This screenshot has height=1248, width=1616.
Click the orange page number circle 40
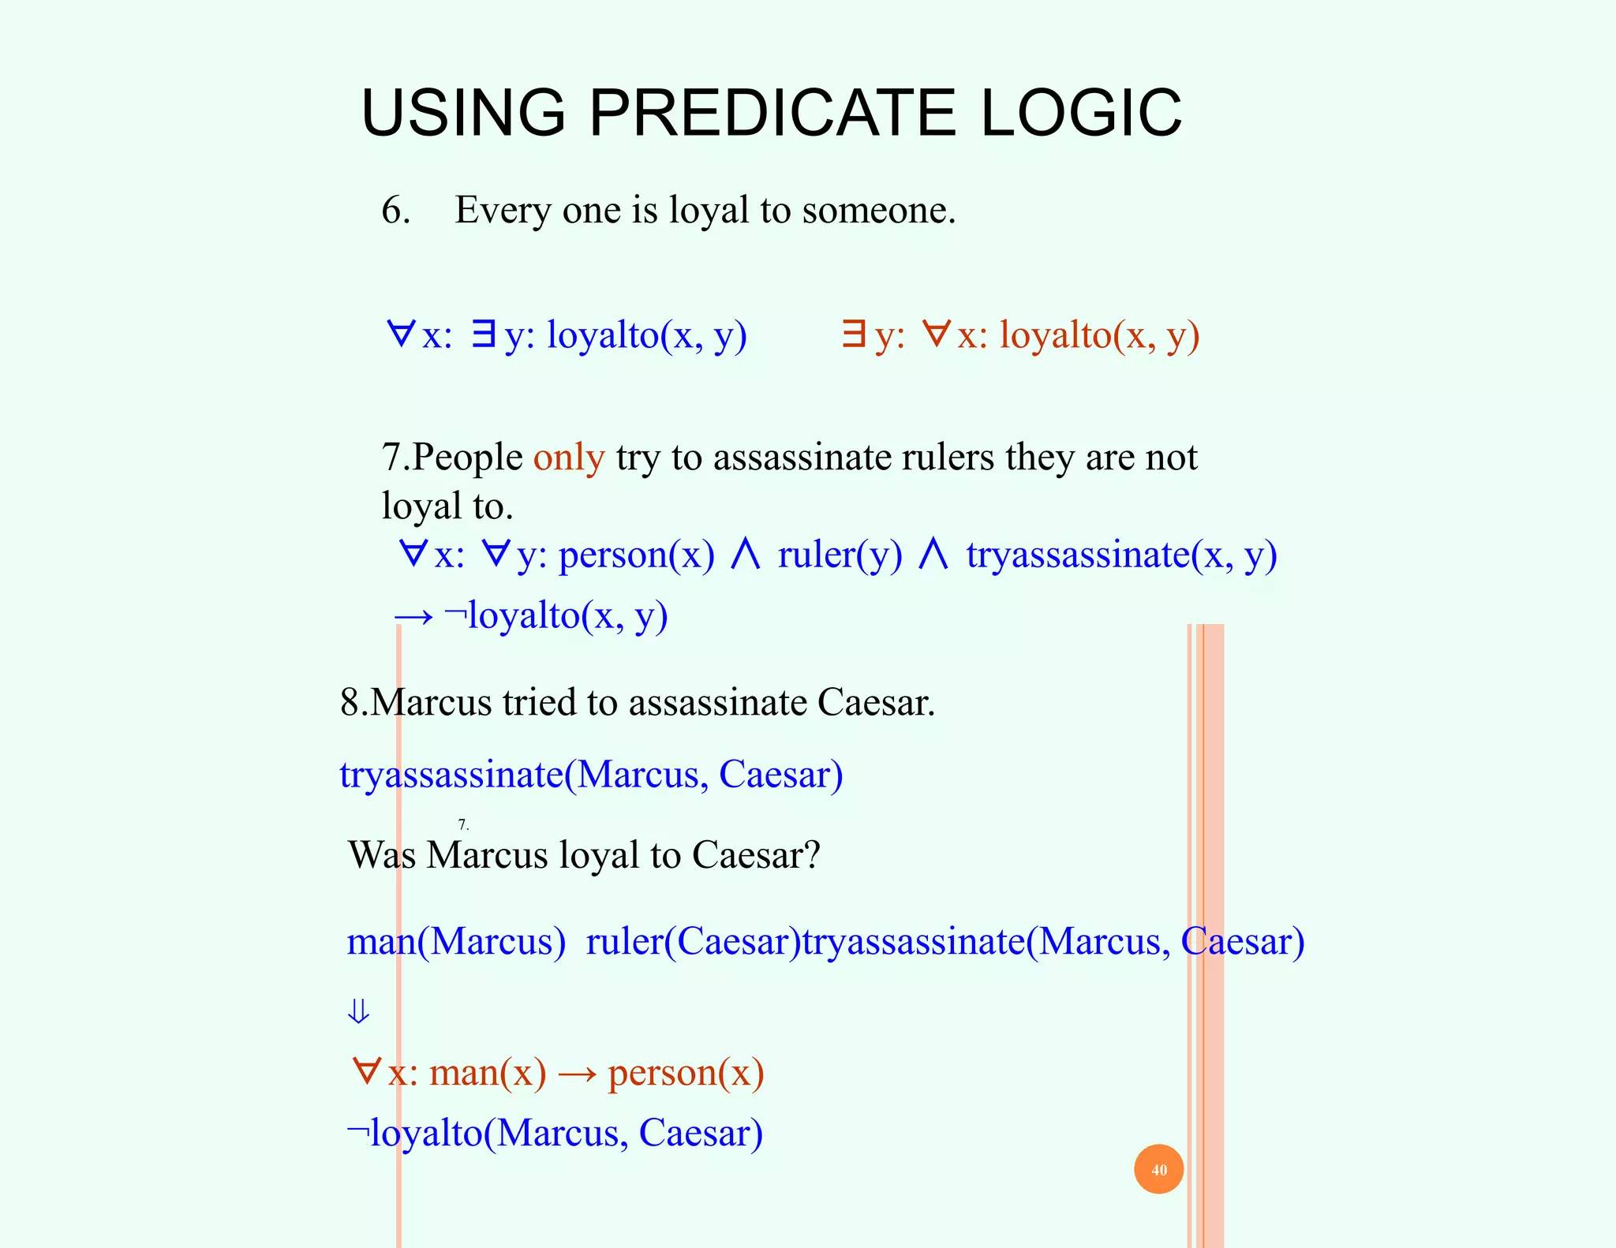coord(1158,1169)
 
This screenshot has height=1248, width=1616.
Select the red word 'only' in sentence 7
coord(569,457)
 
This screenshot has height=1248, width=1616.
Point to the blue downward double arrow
coord(358,1011)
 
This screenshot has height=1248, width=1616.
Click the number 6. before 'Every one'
coord(395,210)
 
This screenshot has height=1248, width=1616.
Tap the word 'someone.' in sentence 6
coord(878,210)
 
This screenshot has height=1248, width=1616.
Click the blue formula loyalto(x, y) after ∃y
coord(646,334)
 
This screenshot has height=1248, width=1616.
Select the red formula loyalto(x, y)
coord(1099,334)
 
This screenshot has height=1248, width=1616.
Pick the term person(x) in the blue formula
coord(636,555)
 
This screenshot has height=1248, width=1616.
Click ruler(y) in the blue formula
coord(840,555)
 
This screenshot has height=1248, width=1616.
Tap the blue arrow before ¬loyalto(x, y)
coord(413,616)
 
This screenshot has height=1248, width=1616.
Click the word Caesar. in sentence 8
coord(876,702)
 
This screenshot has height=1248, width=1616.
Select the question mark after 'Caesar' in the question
coord(812,854)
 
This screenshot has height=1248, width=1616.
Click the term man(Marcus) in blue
coord(456,941)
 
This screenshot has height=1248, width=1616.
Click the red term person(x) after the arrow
coord(686,1073)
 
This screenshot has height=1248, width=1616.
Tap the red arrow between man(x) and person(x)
coord(577,1074)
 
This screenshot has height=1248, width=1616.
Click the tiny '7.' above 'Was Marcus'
coord(463,825)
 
